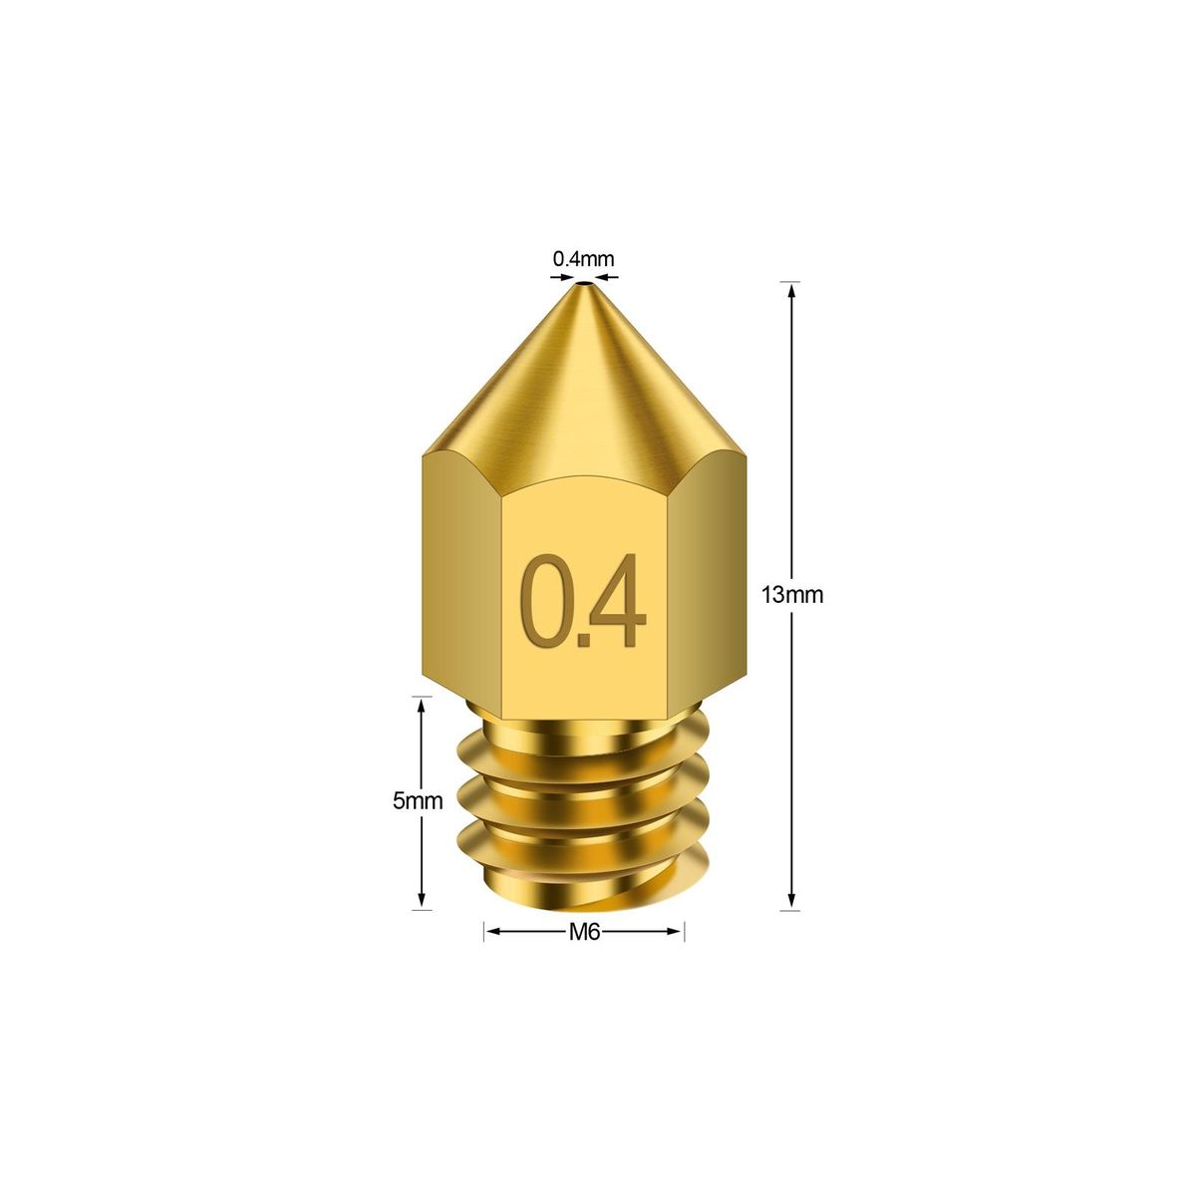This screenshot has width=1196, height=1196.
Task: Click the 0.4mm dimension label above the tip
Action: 583,258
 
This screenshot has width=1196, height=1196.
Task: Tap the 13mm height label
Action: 792,595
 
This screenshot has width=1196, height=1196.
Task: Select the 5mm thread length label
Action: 418,800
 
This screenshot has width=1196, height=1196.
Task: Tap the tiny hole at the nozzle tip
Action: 583,285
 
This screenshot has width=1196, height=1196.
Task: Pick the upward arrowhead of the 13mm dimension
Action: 790,293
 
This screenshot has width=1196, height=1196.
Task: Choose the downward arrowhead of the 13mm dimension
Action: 790,899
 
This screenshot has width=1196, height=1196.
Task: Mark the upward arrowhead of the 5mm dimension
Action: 422,706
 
